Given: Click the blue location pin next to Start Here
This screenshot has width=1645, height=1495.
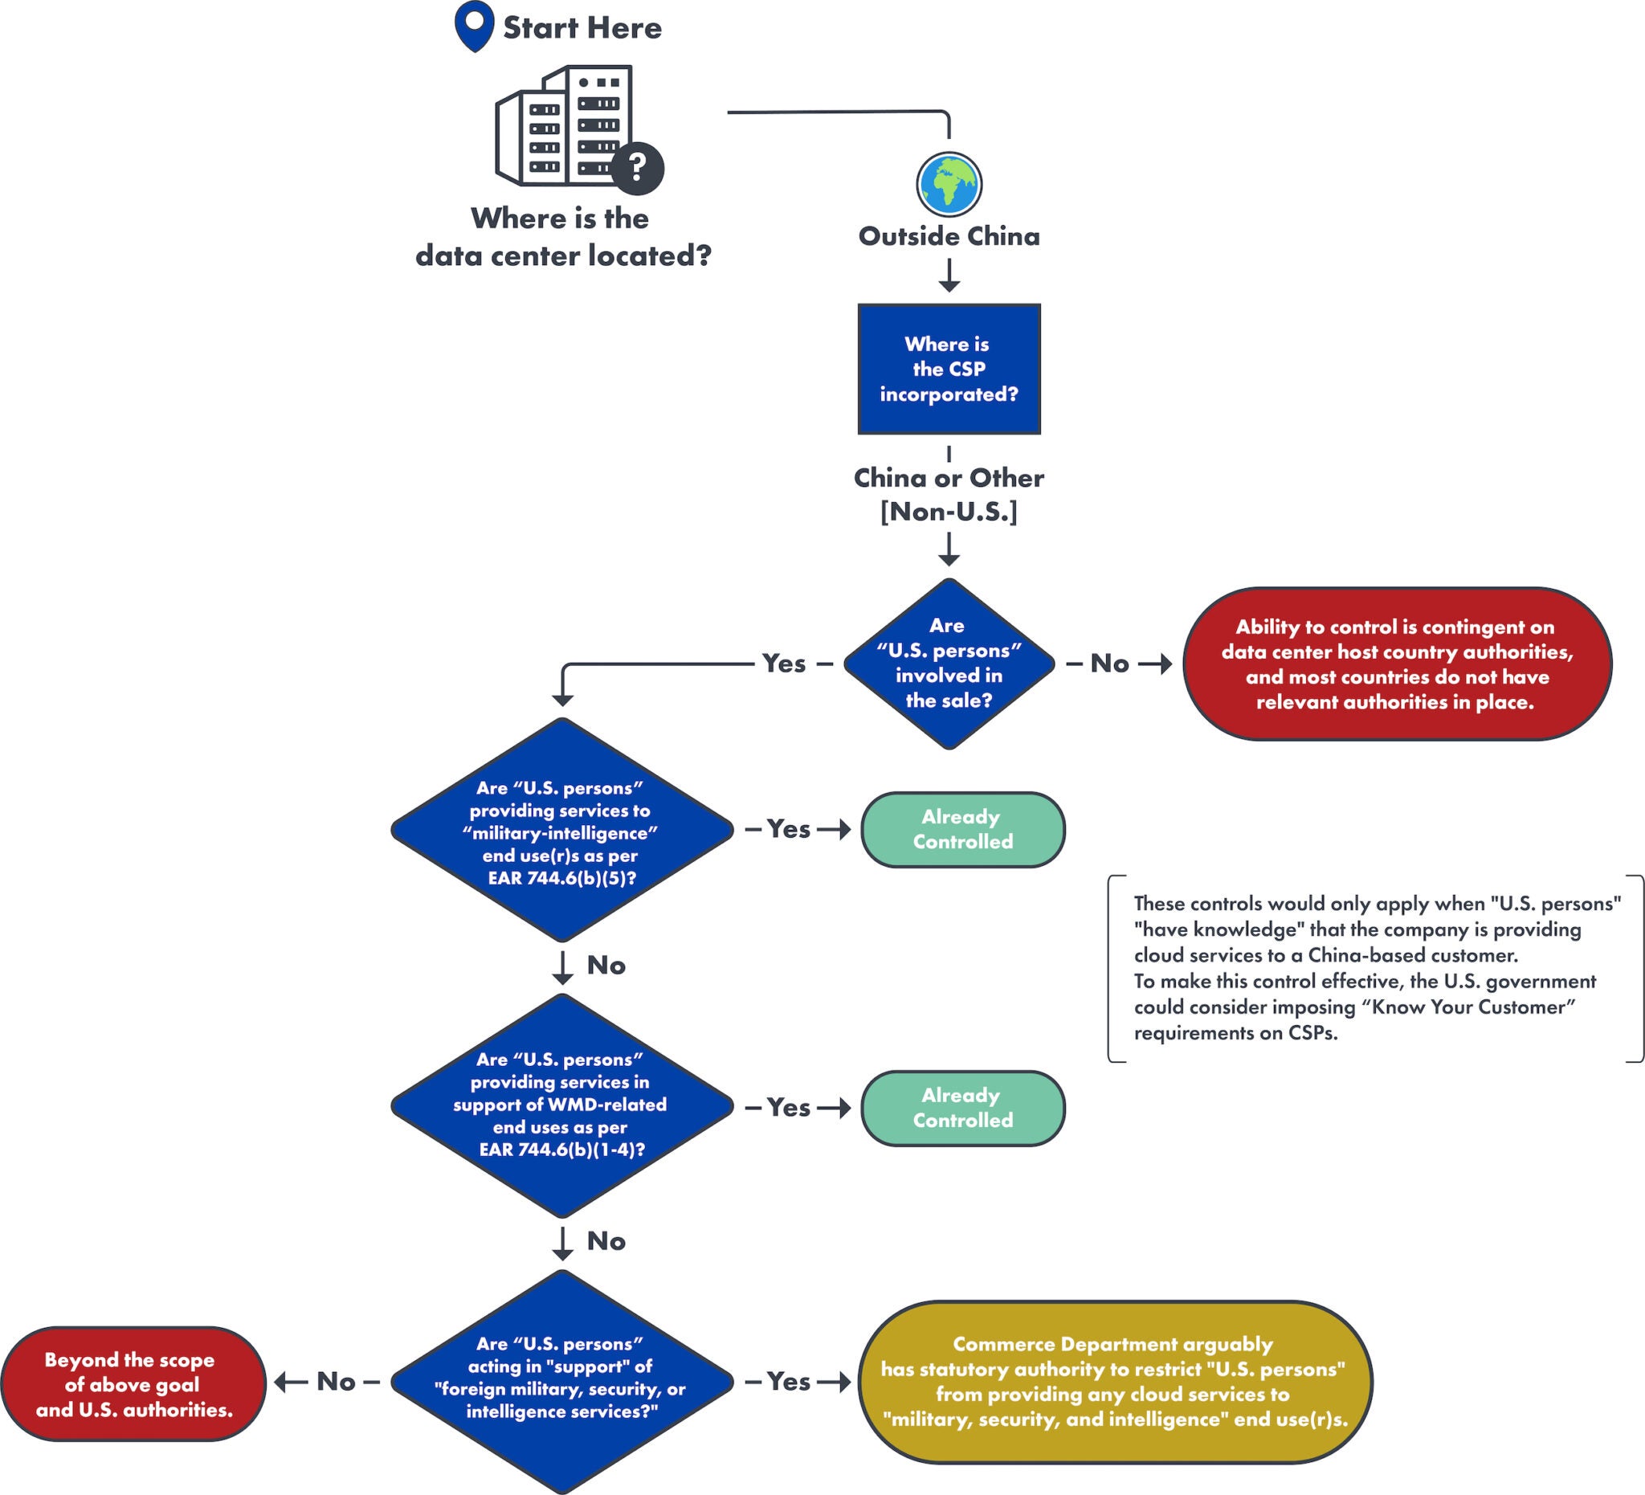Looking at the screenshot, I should click(474, 24).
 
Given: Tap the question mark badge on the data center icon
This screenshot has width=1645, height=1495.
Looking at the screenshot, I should click(637, 168).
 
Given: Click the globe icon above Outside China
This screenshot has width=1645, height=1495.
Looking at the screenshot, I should click(948, 185).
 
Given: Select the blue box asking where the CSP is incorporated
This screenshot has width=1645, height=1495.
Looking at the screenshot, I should click(948, 369).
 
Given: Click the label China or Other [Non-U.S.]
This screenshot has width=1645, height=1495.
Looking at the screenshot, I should click(948, 494).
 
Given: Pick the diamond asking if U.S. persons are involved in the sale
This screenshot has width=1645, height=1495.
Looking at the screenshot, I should click(948, 664).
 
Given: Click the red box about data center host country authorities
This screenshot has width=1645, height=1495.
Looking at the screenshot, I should click(1396, 664).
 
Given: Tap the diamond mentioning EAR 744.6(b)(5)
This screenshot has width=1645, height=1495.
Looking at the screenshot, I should click(561, 830).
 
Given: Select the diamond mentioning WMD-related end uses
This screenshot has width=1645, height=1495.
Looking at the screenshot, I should click(561, 1105).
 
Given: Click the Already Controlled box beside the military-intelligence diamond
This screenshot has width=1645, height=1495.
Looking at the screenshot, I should click(963, 829).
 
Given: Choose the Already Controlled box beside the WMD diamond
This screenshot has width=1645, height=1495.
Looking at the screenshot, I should click(963, 1108).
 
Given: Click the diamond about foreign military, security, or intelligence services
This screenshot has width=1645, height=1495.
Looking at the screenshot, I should click(561, 1382).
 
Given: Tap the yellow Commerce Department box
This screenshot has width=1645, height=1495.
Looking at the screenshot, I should click(1115, 1382).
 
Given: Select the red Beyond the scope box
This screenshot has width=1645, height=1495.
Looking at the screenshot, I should click(133, 1384).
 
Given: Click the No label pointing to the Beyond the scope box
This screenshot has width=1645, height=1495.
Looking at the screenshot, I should click(336, 1382).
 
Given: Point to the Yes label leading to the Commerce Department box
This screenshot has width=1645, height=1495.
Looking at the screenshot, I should click(788, 1382).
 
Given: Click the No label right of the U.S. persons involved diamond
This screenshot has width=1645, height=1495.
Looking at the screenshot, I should click(1110, 664).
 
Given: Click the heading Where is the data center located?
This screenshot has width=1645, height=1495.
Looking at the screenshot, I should click(563, 237).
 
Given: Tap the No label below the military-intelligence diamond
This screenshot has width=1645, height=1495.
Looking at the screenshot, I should click(606, 966).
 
